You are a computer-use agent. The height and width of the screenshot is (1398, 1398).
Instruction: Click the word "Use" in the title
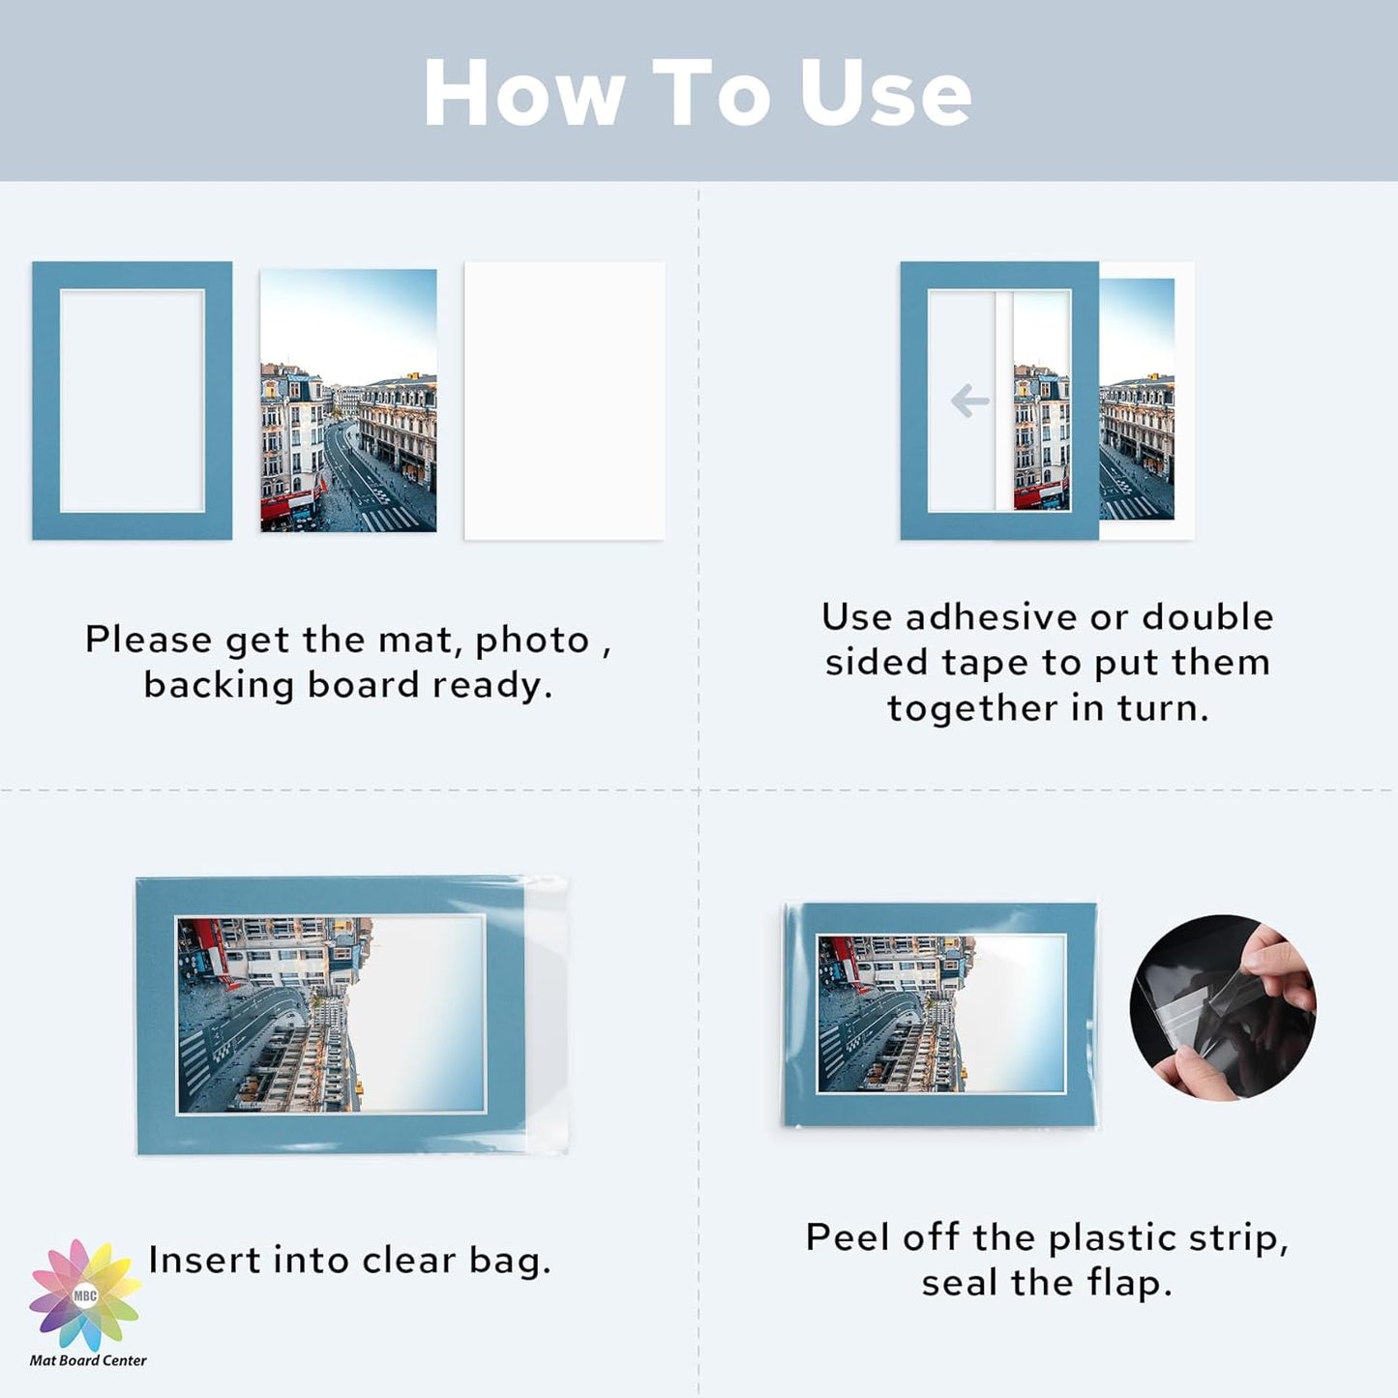[884, 93]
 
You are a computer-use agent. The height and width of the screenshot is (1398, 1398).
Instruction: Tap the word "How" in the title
[523, 93]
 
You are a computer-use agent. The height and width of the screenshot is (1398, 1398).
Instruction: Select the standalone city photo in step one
[348, 401]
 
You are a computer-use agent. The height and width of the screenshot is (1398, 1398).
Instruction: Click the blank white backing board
[564, 401]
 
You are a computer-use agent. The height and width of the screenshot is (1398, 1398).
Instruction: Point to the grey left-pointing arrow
[969, 401]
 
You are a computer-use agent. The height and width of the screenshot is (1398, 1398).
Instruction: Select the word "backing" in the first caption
[219, 685]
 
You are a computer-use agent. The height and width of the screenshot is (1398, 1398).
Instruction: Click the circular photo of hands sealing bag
[1222, 1007]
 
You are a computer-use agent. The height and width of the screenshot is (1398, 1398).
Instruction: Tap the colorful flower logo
[85, 1294]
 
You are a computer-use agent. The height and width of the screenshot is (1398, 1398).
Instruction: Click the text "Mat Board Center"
[88, 1360]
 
